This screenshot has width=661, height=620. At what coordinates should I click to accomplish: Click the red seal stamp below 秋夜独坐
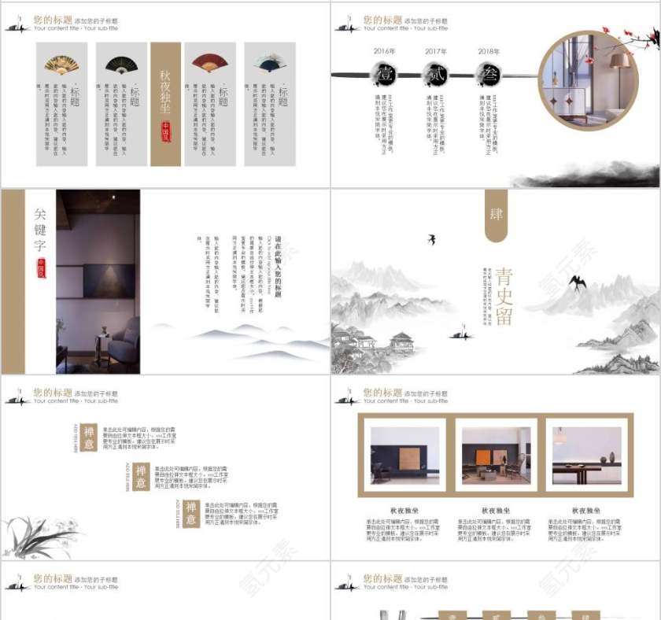(x=166, y=130)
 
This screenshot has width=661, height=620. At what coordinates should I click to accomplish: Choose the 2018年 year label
(x=488, y=52)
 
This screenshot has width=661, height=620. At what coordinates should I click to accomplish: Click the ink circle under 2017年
(x=436, y=75)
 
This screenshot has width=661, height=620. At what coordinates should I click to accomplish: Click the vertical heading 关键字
(x=40, y=229)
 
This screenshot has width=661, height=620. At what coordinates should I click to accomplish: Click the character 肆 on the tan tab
(x=496, y=213)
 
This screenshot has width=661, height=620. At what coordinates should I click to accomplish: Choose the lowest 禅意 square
(x=191, y=512)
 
